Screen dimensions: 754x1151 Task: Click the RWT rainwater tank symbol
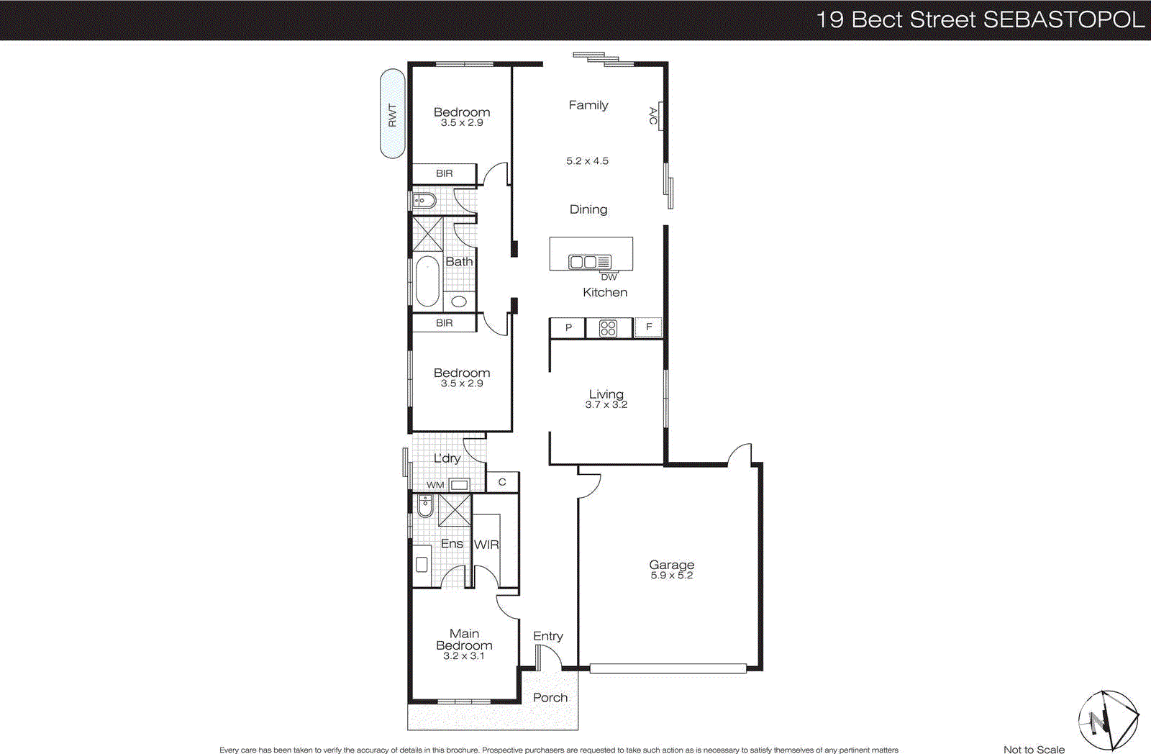[392, 114]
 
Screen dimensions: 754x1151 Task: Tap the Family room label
[588, 105]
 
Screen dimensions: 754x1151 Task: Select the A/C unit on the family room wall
[658, 116]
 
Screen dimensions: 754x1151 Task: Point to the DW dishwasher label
[609, 277]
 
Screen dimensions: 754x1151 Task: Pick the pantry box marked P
[568, 328]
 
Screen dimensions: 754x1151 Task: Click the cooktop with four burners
[608, 329]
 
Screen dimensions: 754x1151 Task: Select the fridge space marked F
[648, 327]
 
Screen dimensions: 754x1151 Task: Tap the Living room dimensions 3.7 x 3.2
[606, 405]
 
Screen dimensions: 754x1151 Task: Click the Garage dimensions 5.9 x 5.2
[671, 576]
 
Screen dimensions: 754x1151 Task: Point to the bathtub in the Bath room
[427, 282]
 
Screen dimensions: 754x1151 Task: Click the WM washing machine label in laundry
[435, 485]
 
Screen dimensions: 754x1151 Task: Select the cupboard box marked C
[502, 482]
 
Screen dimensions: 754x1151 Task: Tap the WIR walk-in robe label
[486, 545]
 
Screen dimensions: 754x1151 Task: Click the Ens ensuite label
[452, 544]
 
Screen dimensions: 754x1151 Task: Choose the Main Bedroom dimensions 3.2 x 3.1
[463, 656]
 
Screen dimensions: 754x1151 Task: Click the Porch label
[550, 698]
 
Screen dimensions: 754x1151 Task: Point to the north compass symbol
[1108, 719]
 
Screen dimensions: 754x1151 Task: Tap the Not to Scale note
[1034, 749]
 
